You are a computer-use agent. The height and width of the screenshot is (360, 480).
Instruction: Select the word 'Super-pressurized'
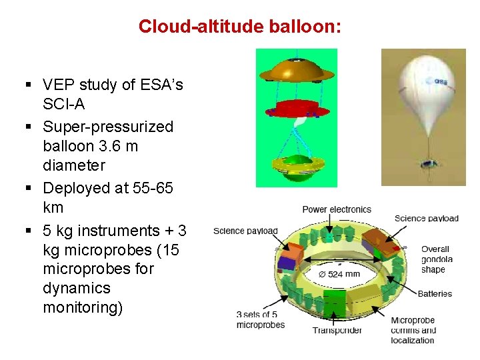point(108,127)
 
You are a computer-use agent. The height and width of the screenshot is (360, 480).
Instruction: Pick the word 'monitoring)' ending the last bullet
point(83,307)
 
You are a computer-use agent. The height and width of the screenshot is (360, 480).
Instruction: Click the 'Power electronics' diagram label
point(337,209)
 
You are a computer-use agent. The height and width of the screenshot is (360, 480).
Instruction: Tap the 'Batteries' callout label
point(435,293)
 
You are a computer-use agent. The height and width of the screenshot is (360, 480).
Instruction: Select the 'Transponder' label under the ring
point(337,330)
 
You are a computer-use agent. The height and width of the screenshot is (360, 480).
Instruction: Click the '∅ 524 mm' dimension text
point(340,274)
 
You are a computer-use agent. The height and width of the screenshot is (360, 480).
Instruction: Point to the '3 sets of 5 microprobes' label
point(260,319)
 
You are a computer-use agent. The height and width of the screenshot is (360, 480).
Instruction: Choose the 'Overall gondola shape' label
point(437,259)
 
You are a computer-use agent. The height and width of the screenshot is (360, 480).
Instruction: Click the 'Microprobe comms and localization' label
point(413,330)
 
